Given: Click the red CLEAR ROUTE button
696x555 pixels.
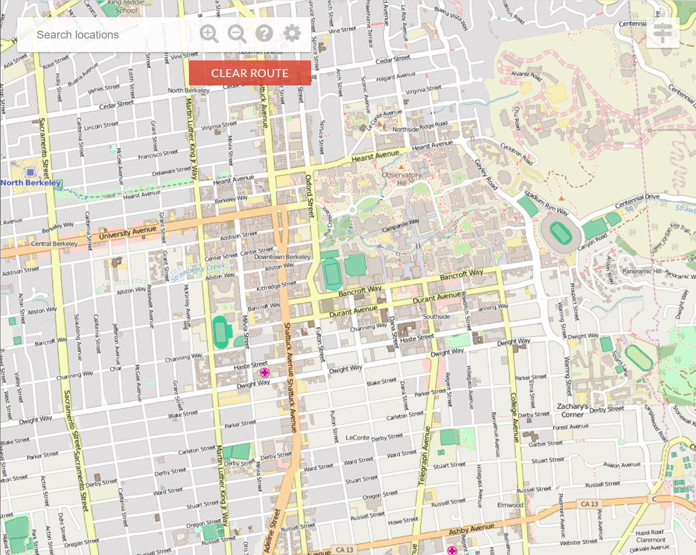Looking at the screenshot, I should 250,73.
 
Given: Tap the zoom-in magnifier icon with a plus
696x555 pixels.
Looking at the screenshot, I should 209,34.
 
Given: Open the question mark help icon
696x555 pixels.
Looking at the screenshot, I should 264,33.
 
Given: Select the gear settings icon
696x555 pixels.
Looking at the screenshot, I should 292,33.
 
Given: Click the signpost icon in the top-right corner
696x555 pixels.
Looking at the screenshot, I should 663,33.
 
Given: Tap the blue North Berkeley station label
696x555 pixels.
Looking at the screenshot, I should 31,183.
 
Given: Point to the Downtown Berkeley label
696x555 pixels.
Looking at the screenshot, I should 282,257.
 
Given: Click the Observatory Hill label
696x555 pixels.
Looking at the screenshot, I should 402,178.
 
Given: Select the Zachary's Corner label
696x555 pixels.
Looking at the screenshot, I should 572,411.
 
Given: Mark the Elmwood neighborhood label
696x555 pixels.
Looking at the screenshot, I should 510,505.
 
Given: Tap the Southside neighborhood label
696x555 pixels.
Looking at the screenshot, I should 436,316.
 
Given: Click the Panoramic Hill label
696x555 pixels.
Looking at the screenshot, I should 642,271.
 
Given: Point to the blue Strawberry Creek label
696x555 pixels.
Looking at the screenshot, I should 198,272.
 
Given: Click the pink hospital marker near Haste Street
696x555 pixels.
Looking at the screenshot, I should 265,372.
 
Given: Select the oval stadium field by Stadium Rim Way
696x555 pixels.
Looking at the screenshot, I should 560,233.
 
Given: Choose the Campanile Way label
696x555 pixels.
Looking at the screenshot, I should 400,226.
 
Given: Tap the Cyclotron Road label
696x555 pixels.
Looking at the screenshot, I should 516,153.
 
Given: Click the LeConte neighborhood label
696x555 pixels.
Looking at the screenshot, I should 358,437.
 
